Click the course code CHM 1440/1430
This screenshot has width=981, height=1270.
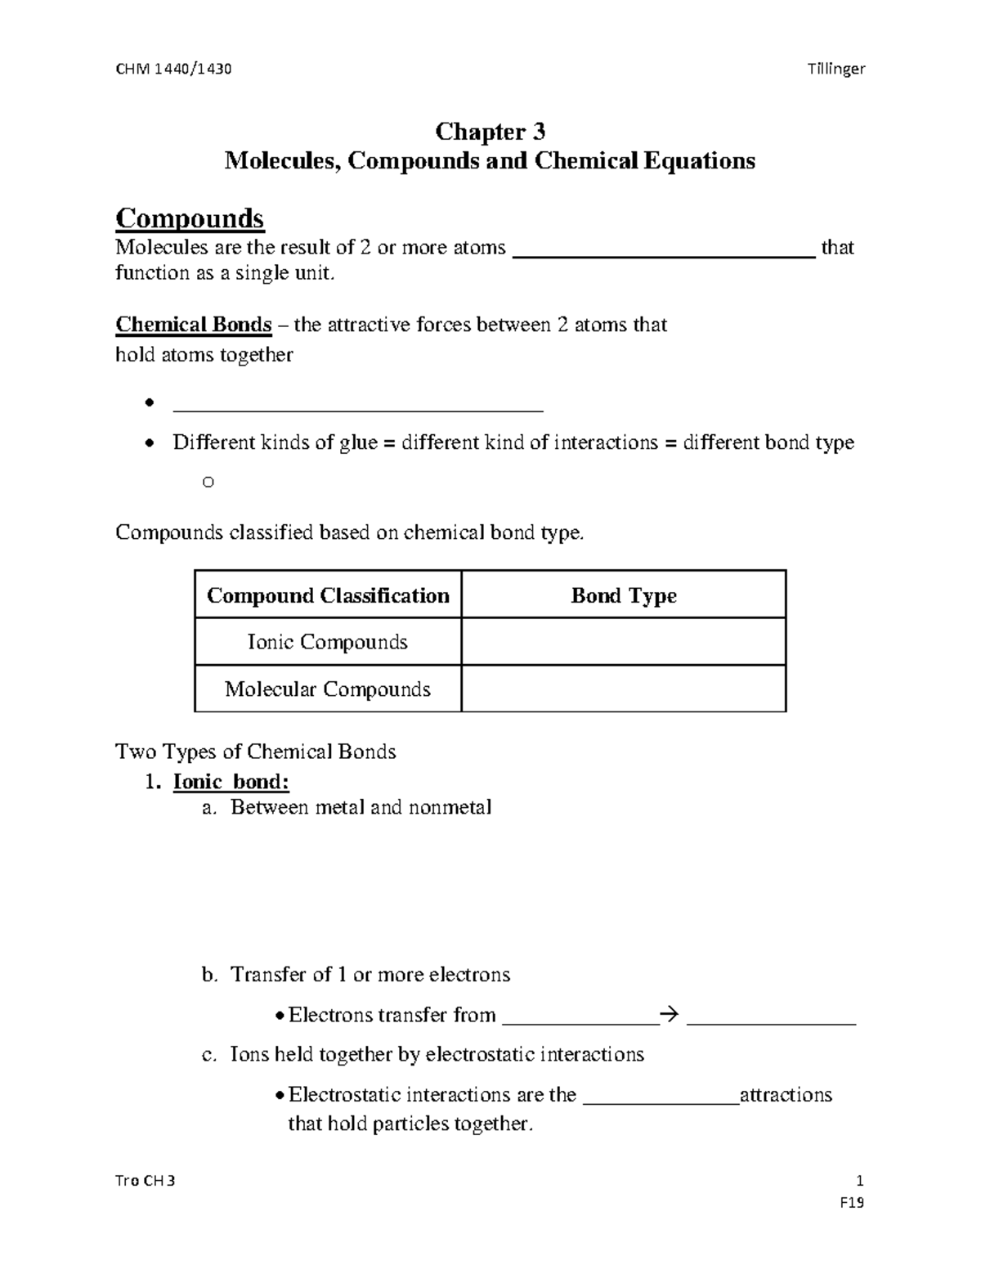(x=173, y=69)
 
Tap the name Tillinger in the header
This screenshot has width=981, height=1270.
(x=835, y=69)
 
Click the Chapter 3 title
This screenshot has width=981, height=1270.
(x=490, y=131)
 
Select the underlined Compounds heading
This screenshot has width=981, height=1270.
(x=190, y=218)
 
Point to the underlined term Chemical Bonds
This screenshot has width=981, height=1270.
(x=194, y=325)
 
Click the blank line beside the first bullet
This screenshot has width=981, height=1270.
(x=358, y=405)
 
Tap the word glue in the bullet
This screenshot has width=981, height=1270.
(x=357, y=442)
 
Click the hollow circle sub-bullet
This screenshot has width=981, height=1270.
(x=208, y=482)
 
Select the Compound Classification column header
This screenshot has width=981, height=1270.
(x=328, y=595)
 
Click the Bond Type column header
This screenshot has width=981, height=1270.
(x=623, y=595)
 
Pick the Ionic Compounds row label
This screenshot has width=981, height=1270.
(x=328, y=642)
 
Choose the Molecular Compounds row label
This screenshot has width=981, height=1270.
(x=328, y=689)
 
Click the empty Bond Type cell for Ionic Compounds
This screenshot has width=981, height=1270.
(x=623, y=642)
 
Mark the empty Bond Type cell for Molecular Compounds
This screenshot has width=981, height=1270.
(x=623, y=689)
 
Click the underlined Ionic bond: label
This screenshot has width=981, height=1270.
(x=231, y=782)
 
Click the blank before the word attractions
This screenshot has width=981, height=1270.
(x=661, y=1097)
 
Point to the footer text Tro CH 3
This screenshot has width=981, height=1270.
(x=145, y=1181)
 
